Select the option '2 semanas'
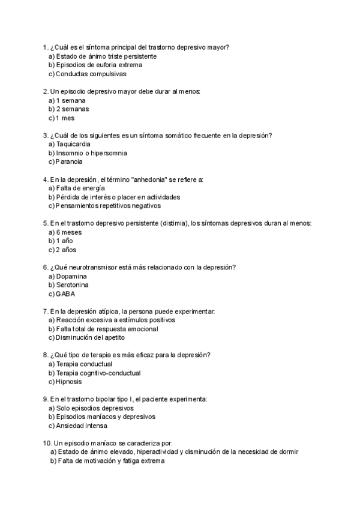(x=72, y=109)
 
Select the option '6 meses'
(x=69, y=232)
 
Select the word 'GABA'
(x=65, y=294)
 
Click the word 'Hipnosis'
(x=68, y=382)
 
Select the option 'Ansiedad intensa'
(x=81, y=426)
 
